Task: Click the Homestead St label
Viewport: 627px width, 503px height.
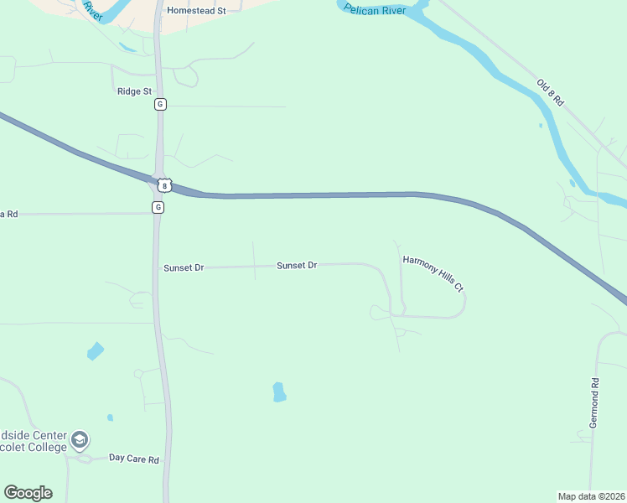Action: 197,11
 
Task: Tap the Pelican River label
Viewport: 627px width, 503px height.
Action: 375,10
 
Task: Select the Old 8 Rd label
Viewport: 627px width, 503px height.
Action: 551,91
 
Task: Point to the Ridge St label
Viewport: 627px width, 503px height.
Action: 134,91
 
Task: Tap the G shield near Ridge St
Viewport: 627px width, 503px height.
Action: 160,105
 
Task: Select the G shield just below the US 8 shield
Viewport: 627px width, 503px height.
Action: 158,207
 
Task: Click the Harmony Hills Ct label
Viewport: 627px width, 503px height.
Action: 433,273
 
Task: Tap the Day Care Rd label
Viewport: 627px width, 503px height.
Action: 134,459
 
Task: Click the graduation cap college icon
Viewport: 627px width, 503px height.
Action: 80,440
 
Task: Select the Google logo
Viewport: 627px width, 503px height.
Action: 28,493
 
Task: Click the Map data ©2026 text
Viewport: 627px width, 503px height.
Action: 592,496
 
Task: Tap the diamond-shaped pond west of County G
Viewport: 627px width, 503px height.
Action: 96,351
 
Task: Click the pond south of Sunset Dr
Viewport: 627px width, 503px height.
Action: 279,392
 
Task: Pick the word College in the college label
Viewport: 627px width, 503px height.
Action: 47,448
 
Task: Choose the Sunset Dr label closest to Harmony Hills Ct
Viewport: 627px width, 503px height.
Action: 297,265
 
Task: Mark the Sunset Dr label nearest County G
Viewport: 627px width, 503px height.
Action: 184,267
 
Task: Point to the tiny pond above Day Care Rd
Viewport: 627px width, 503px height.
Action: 110,417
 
